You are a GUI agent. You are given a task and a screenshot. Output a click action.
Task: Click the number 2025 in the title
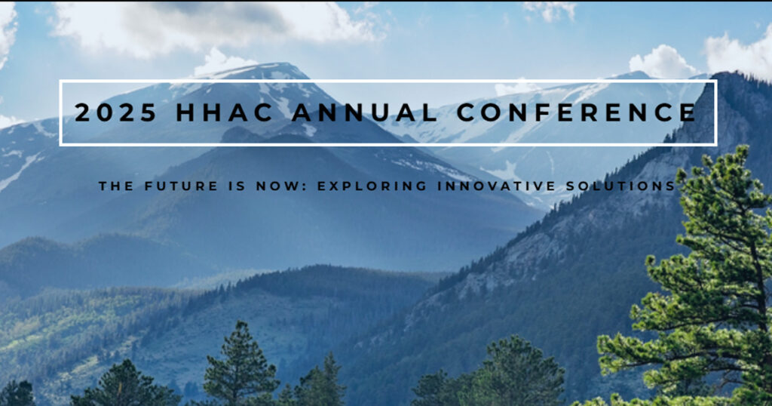115,112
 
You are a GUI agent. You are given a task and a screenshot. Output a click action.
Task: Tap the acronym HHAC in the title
225,112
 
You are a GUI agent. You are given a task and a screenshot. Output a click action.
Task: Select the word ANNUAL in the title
364,112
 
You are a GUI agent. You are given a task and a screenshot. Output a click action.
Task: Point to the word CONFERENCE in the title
576,112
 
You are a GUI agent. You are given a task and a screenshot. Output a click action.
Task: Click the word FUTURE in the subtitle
181,186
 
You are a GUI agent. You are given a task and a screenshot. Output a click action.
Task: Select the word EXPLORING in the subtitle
372,186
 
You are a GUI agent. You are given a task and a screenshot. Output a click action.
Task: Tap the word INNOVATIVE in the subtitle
496,186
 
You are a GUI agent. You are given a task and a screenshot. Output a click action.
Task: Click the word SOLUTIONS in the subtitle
620,186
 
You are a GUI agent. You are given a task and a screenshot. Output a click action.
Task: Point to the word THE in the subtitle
115,186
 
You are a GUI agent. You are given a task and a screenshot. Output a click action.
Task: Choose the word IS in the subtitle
237,186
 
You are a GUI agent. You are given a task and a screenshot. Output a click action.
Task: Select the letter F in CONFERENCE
541,112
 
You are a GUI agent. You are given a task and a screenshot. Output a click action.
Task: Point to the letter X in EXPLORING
335,186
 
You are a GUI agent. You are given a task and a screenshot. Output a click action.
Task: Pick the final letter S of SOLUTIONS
670,186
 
